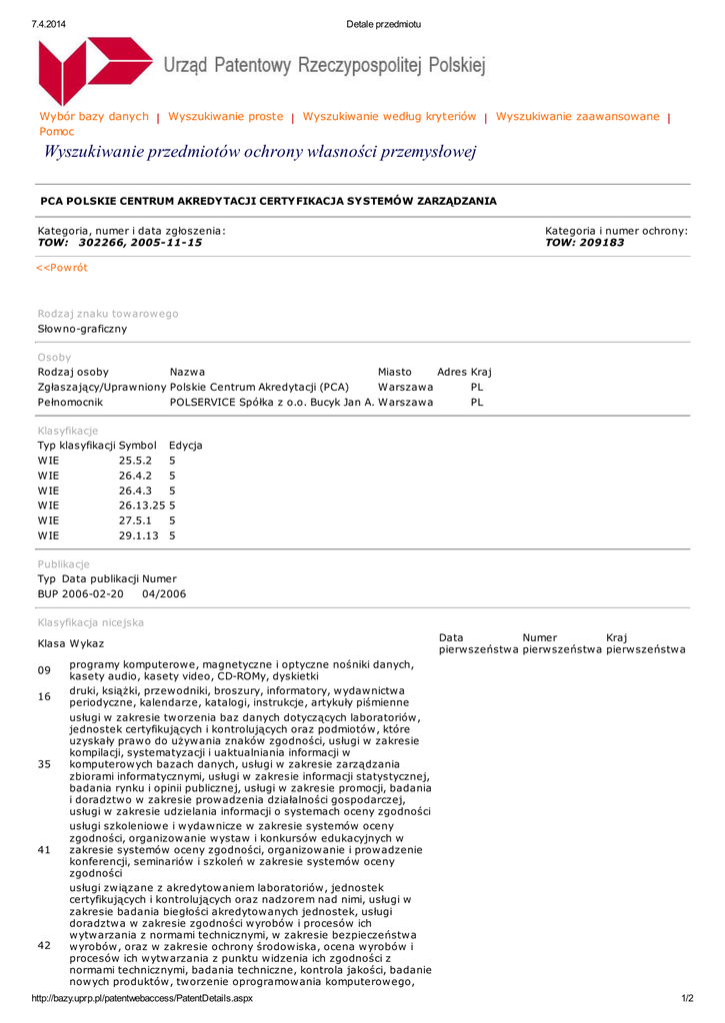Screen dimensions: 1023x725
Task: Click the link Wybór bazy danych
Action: [94, 117]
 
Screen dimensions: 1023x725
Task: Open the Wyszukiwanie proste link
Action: [226, 117]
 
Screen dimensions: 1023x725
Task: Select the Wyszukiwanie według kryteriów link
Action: [389, 117]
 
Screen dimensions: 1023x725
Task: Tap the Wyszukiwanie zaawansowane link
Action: [578, 117]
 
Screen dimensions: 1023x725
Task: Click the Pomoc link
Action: [57, 132]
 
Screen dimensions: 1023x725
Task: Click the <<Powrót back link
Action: [62, 268]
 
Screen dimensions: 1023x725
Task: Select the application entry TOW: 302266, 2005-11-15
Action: [120, 243]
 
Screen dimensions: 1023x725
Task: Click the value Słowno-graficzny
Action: [83, 329]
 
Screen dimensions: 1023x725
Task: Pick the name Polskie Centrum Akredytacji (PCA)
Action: [260, 387]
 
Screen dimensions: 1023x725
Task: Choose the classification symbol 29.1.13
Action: [139, 535]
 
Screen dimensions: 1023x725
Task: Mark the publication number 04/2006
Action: [164, 594]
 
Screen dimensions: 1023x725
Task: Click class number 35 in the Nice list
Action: [44, 764]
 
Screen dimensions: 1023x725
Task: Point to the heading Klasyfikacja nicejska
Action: [91, 622]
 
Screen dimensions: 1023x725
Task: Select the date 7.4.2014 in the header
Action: [49, 24]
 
